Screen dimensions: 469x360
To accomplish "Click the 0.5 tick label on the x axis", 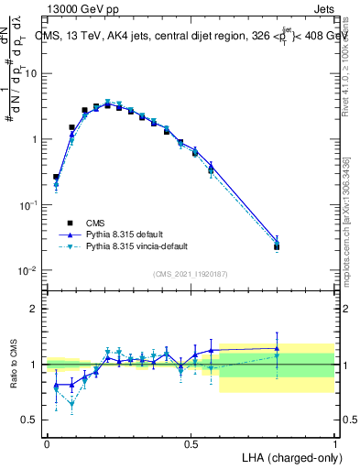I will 191,443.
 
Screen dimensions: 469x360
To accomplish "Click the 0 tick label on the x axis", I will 47,443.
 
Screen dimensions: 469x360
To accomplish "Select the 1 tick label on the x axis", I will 335,443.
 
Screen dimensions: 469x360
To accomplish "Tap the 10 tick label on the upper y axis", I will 32,73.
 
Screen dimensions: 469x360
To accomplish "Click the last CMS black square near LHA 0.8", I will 277,246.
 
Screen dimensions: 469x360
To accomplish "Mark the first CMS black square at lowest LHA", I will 56,177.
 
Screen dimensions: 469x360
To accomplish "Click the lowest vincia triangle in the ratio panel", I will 71,403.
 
